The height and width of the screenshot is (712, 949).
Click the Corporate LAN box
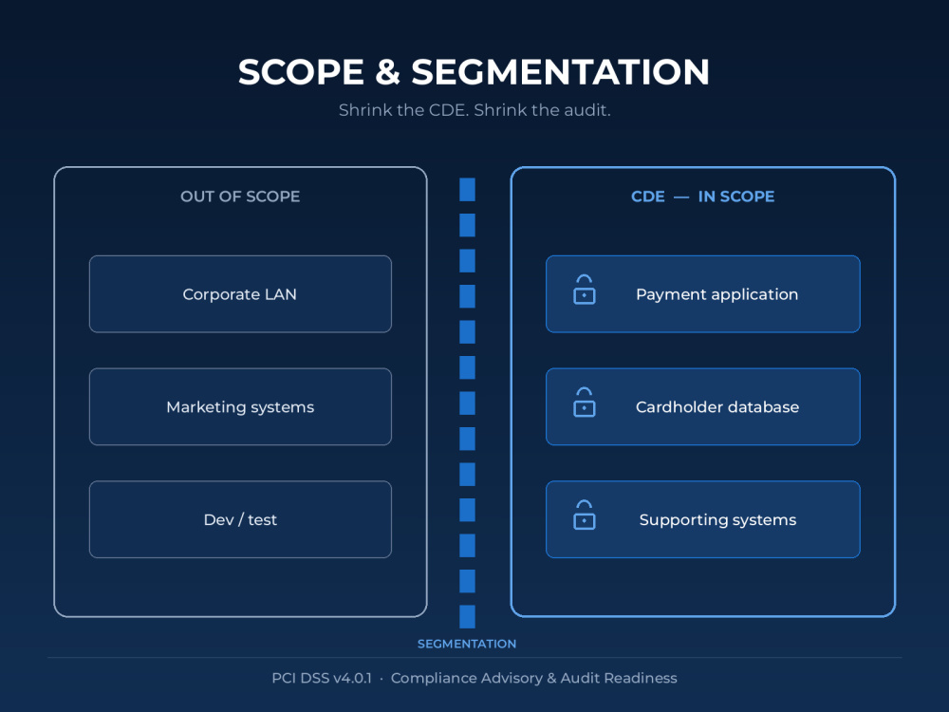click(x=240, y=294)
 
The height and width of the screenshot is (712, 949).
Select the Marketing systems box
click(x=240, y=407)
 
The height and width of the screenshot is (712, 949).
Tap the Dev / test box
click(x=240, y=519)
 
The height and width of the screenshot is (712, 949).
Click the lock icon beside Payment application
click(x=584, y=290)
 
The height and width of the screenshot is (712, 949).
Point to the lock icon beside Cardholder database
click(x=584, y=402)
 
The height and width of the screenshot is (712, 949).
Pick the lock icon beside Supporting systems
click(x=584, y=515)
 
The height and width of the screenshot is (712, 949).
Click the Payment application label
click(x=717, y=295)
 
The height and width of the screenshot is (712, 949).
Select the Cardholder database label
click(x=717, y=407)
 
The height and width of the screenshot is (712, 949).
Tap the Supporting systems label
click(x=717, y=520)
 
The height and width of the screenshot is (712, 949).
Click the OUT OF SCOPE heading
click(x=240, y=197)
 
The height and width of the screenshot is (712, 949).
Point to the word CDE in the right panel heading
click(x=647, y=197)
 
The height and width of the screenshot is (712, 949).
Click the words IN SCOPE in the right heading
click(x=736, y=197)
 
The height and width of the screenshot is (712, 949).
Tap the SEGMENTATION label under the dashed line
click(x=467, y=644)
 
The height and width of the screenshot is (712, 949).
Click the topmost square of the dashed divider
click(x=467, y=190)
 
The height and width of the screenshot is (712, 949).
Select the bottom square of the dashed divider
click(x=467, y=616)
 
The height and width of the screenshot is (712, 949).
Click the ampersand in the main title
click(x=387, y=71)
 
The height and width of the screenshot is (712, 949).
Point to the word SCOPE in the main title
click(x=301, y=71)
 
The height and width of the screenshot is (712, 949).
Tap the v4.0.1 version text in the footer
click(x=352, y=678)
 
